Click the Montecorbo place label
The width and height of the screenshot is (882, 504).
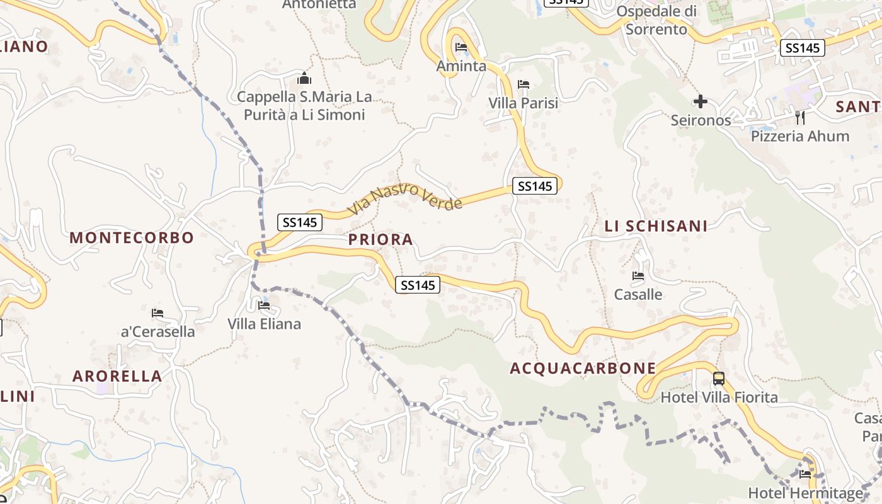[x=132, y=238]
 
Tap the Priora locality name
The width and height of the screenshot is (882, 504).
[x=381, y=239]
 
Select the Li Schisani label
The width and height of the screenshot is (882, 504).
[x=656, y=226]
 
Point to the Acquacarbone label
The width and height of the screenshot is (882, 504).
[x=583, y=369]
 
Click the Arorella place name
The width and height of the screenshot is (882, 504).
[x=117, y=376]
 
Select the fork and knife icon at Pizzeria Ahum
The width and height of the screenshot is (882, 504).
[x=799, y=117]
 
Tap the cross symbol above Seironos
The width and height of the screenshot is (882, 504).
[x=700, y=101]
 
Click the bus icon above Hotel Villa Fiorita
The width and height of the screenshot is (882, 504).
[x=719, y=379]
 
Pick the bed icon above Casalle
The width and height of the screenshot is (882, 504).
[x=638, y=275]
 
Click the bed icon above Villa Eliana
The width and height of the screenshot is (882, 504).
[x=264, y=306]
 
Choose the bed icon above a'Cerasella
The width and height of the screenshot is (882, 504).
[x=157, y=312]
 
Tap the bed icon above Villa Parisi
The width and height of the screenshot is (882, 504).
[x=523, y=84]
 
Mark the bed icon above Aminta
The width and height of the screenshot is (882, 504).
[x=461, y=47]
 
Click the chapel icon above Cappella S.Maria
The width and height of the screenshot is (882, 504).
[x=304, y=79]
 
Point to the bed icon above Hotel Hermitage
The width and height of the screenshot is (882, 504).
[x=805, y=474]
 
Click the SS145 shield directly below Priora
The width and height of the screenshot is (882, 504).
[x=418, y=285]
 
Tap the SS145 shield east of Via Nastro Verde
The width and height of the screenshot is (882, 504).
[x=535, y=186]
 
